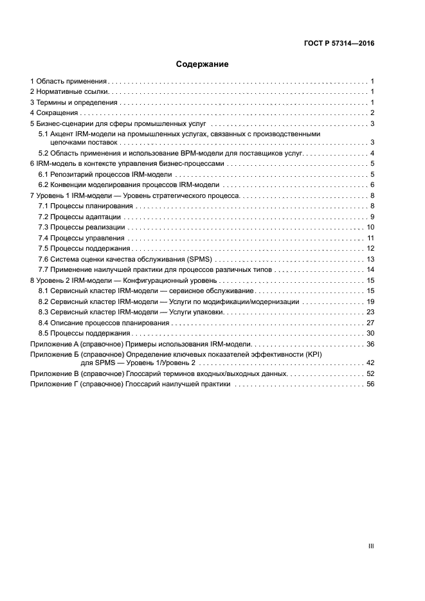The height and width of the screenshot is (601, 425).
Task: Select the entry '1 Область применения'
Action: tap(69, 82)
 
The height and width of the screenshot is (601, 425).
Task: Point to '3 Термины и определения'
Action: tap(74, 102)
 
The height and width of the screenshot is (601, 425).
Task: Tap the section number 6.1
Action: tap(43, 174)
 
